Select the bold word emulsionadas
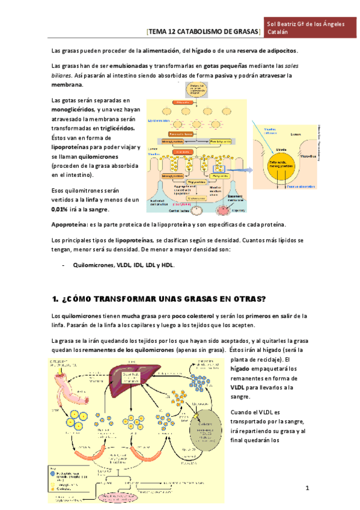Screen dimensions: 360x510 coord(125,65)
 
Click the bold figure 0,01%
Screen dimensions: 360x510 coord(59,209)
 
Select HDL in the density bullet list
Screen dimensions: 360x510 coord(167,265)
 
